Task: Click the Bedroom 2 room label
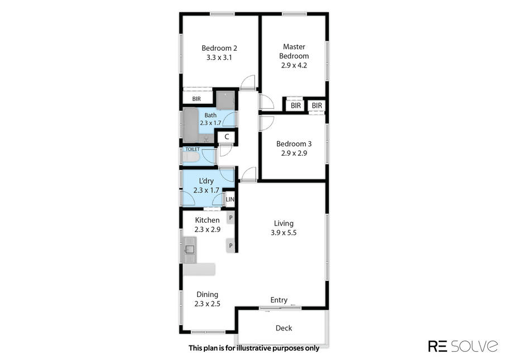(x=219, y=49)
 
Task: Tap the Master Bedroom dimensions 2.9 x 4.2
(x=294, y=65)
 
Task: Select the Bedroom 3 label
(x=294, y=143)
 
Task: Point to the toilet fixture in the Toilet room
(x=190, y=157)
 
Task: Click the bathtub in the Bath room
(x=191, y=125)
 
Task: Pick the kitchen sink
(x=190, y=249)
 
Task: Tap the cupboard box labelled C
(x=227, y=137)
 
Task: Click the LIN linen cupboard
(x=229, y=199)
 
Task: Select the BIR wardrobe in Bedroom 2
(x=197, y=99)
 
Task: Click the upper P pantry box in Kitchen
(x=231, y=218)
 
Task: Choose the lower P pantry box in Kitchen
(x=231, y=246)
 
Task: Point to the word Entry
(x=279, y=300)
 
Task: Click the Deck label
(x=284, y=328)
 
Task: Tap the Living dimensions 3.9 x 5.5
(x=284, y=232)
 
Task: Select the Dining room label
(x=207, y=295)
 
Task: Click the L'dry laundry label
(x=206, y=181)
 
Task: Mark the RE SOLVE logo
(x=463, y=345)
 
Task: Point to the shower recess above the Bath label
(x=226, y=100)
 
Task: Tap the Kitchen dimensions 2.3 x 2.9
(x=207, y=229)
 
